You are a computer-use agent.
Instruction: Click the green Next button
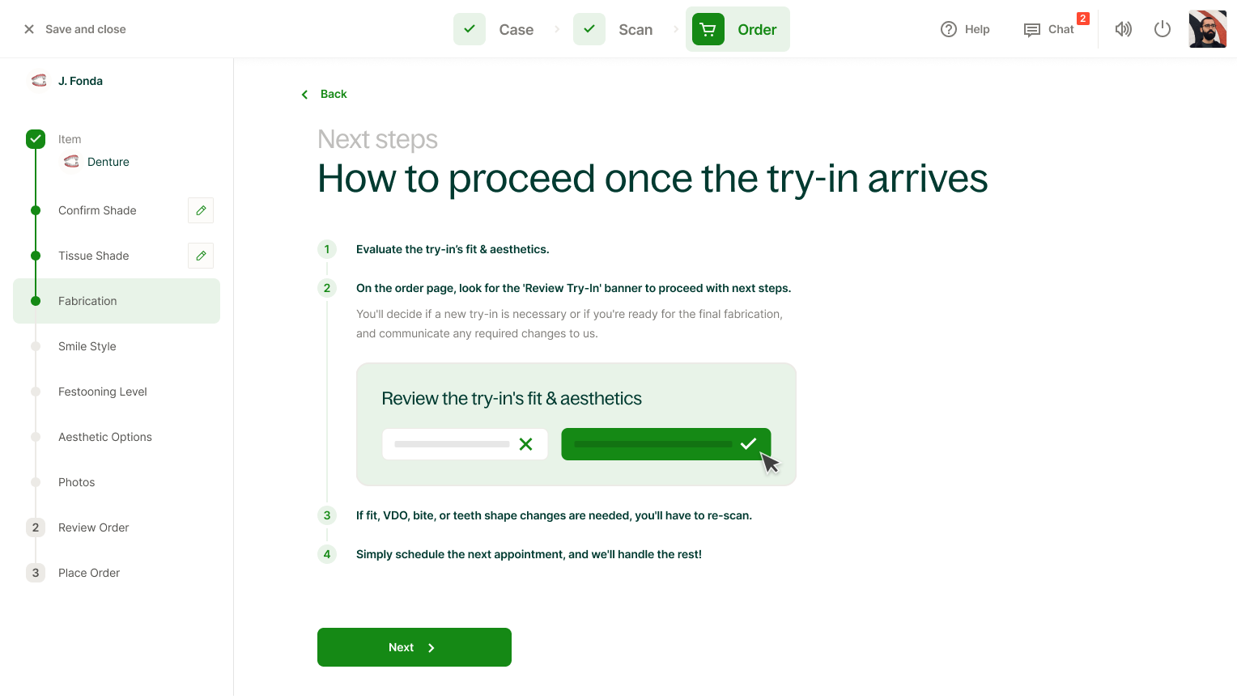click(414, 647)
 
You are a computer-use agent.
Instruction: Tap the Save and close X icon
click(29, 29)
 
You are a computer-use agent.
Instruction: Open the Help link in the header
click(965, 29)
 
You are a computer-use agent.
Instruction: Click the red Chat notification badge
click(1083, 19)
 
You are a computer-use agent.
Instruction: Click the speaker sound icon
click(1123, 29)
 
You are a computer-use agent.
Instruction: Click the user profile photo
click(1208, 29)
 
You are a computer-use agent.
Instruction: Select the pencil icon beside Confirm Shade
click(201, 210)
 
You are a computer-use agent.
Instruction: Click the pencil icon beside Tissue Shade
click(201, 256)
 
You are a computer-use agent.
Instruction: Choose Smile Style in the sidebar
click(87, 346)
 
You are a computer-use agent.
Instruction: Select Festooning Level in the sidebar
click(103, 392)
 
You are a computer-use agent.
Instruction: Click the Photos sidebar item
click(77, 482)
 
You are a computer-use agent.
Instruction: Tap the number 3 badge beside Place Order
click(36, 573)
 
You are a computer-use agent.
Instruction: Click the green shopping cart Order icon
click(708, 29)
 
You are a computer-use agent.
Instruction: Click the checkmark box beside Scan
click(589, 29)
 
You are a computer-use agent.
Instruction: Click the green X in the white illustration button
click(525, 444)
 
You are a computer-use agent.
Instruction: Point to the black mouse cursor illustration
click(770, 463)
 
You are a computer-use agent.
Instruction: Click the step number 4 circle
click(327, 554)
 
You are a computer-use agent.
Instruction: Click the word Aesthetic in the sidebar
click(81, 437)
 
